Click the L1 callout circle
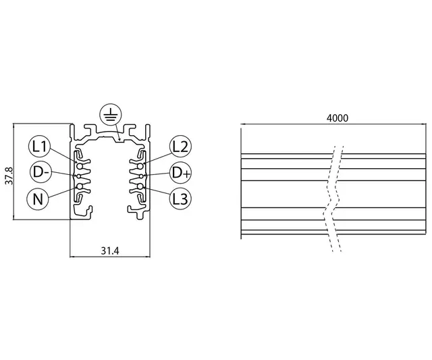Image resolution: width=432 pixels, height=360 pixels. point(39,146)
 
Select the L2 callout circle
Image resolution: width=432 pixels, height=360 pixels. point(180,146)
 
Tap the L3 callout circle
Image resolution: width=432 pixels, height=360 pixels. point(180,199)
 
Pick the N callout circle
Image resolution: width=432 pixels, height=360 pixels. point(39,199)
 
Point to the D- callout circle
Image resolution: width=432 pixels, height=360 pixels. point(39,172)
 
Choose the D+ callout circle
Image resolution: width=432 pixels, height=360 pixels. point(180,172)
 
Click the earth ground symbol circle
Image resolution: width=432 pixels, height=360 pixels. point(109,116)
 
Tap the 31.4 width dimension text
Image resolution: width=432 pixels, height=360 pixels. point(110,251)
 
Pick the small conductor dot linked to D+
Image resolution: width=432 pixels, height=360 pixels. point(143,175)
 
